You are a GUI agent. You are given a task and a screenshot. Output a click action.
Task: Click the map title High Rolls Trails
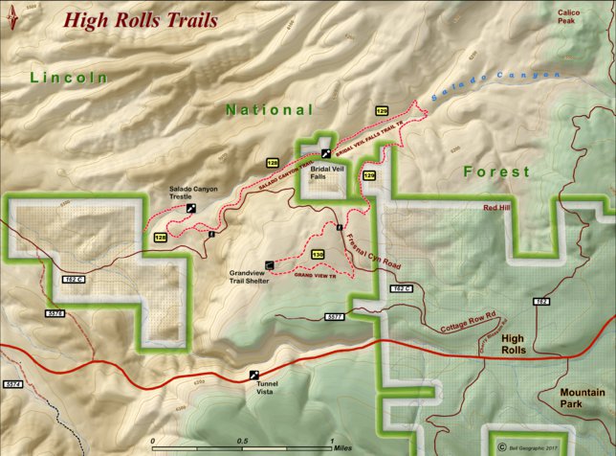coord(141,19)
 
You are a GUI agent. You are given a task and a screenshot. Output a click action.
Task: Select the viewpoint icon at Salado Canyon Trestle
coord(192,207)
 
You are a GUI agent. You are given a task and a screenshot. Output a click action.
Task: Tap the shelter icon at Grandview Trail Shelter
coord(270,263)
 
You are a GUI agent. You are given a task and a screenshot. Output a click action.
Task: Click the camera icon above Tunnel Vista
coord(253,375)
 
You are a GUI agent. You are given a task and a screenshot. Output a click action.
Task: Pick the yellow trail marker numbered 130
coord(318,254)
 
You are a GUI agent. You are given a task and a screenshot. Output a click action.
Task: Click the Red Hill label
coord(498,207)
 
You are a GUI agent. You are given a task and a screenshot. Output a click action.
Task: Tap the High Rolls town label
coord(514,344)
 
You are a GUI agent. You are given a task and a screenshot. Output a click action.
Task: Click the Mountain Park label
coord(583,399)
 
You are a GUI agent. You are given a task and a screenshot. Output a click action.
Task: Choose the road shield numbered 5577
coord(334,315)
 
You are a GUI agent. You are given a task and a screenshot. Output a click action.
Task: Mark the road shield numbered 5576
coord(55,313)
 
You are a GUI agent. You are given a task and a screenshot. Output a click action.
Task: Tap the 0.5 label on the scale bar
coord(243,442)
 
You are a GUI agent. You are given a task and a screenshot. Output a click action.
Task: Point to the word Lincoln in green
coord(68,77)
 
